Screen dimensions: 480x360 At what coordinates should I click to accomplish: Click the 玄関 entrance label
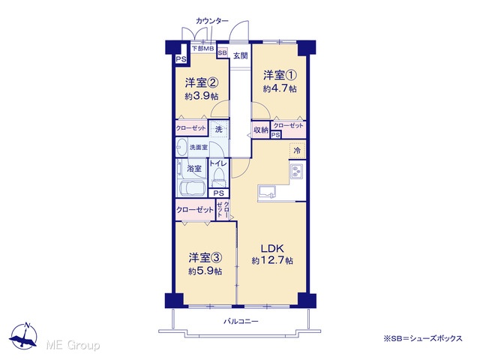(240, 56)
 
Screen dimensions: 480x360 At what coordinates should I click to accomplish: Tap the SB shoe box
(223, 52)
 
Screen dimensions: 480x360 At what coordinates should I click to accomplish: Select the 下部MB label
(203, 48)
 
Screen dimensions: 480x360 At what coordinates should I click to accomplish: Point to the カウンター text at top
(211, 21)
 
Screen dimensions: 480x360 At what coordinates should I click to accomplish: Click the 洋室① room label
(280, 75)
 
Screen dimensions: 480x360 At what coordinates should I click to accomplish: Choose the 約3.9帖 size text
(202, 96)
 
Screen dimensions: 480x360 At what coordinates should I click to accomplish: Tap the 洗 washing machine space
(218, 129)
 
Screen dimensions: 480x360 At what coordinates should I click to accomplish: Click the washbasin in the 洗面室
(181, 148)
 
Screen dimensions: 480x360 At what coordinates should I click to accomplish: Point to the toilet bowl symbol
(218, 177)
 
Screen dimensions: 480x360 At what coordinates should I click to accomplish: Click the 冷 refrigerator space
(297, 150)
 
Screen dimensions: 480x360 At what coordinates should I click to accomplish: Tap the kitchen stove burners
(297, 171)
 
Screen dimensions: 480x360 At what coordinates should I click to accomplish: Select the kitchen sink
(267, 193)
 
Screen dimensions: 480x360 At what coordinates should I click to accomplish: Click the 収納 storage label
(261, 130)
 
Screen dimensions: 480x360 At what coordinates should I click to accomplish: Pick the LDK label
(272, 248)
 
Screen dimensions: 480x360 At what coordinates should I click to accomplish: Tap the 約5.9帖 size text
(205, 271)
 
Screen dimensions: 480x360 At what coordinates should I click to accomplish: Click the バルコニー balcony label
(241, 322)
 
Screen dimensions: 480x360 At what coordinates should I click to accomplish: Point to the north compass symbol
(23, 336)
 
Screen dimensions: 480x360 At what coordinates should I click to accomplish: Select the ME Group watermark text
(73, 345)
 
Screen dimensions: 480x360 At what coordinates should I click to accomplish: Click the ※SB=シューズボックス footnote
(423, 338)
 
